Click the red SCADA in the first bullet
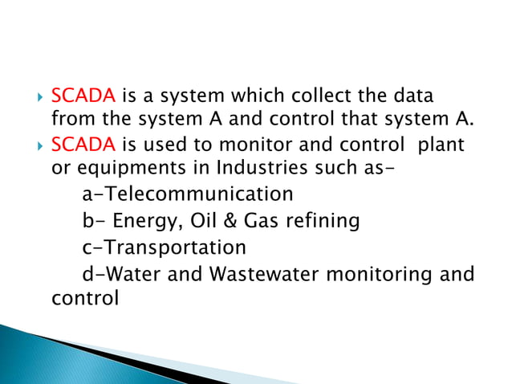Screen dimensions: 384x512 [83, 97]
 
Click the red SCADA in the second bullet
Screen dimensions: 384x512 [83, 148]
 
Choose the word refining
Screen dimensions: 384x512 [327, 220]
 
